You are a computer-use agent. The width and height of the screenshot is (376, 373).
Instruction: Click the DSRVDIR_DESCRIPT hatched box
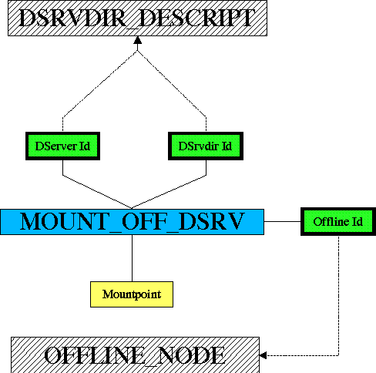(137, 18)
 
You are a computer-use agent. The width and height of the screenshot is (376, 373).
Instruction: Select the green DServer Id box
(62, 146)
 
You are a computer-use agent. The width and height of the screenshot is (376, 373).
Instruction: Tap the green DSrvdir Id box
(206, 146)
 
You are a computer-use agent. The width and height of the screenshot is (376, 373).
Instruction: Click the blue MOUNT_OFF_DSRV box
(132, 222)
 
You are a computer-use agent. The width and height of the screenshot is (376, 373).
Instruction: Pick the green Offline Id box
(338, 221)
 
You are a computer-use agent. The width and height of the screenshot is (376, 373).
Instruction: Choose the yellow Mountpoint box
(132, 294)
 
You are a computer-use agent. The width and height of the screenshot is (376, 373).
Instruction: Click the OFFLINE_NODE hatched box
(135, 355)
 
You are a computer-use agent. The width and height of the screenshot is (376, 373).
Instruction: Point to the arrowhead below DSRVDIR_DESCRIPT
(138, 40)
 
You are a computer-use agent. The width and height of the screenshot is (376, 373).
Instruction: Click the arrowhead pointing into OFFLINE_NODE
(264, 355)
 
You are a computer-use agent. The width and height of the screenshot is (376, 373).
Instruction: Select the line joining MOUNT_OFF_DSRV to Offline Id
(282, 221)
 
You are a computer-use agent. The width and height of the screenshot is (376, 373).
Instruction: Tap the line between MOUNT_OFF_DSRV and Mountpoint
(132, 258)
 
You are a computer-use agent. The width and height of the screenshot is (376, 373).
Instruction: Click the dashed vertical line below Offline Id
(338, 296)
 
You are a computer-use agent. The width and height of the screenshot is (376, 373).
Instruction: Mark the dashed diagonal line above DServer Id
(100, 84)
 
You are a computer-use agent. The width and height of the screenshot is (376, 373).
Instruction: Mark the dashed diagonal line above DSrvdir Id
(172, 84)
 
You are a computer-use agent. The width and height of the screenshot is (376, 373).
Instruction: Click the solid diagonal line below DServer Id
(97, 192)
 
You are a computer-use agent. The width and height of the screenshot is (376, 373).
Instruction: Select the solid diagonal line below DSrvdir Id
(169, 192)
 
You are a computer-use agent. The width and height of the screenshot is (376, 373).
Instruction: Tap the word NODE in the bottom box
(191, 356)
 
